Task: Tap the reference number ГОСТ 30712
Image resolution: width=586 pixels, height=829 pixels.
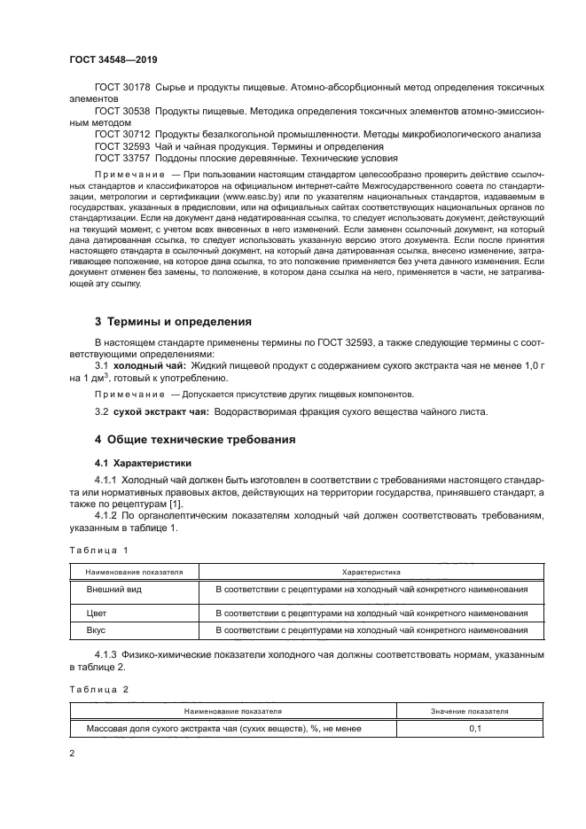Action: click(123, 134)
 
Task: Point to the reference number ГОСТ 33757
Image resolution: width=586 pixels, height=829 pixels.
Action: click(123, 158)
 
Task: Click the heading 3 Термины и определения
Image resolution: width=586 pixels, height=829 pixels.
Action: click(173, 322)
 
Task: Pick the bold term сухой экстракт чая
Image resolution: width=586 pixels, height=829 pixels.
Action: click(161, 411)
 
